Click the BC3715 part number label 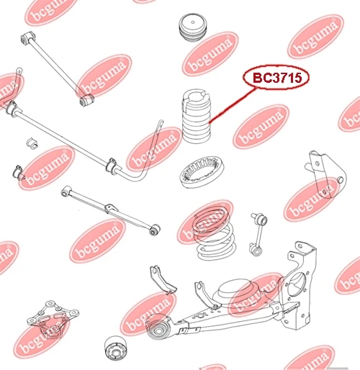click(x=276, y=78)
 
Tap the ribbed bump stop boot click(x=197, y=117)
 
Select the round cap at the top click(x=193, y=28)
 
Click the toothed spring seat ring click(x=202, y=172)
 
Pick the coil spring click(x=214, y=234)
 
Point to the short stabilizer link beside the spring click(x=258, y=234)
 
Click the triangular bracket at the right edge click(x=326, y=174)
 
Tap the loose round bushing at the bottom click(x=117, y=348)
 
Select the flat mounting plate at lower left click(x=53, y=319)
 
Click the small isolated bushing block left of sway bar click(x=32, y=143)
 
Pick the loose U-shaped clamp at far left click(x=19, y=172)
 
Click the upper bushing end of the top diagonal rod click(x=28, y=37)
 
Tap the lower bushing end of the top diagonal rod click(x=86, y=99)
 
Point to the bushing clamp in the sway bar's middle click(x=112, y=165)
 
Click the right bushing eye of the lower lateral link click(x=155, y=230)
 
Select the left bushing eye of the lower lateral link click(x=66, y=191)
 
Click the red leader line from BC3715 click(x=233, y=106)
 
